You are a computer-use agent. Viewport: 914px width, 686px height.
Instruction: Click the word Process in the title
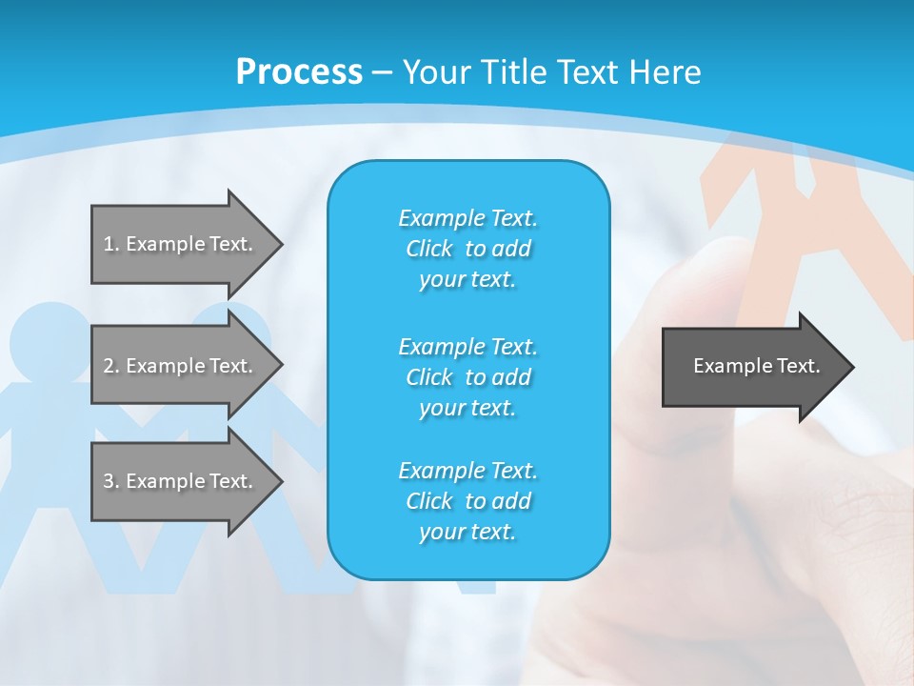pos(299,71)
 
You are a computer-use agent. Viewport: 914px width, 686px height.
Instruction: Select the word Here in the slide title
pos(666,71)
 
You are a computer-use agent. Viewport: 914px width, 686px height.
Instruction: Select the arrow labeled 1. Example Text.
pos(181,244)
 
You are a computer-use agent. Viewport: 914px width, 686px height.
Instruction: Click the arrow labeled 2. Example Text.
pos(181,366)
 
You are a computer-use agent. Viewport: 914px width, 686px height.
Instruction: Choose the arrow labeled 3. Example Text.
pos(181,481)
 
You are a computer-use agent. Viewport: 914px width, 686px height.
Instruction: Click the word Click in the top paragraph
pos(429,249)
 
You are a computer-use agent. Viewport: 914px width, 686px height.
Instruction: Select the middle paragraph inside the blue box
pos(467,377)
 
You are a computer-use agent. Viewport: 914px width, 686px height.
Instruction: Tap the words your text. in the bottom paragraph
pos(467,532)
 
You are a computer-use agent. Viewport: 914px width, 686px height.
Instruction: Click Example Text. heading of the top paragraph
pos(467,218)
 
